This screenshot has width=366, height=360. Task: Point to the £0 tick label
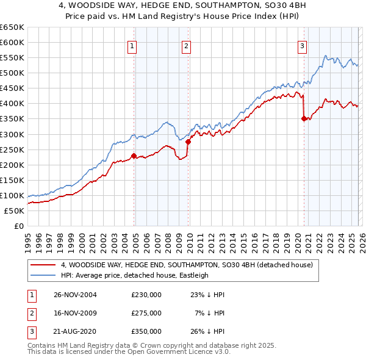(19, 226)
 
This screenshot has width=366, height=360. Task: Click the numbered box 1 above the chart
(132, 45)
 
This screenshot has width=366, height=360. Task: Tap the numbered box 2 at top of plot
(186, 45)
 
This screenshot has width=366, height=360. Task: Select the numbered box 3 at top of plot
(302, 45)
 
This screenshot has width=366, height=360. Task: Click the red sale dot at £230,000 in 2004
(134, 156)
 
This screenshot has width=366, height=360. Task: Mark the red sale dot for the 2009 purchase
(188, 142)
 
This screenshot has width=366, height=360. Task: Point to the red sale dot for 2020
(303, 119)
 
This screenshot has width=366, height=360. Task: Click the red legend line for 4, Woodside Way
(43, 265)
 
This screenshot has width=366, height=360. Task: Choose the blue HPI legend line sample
(43, 275)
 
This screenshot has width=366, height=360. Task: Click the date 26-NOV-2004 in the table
(75, 295)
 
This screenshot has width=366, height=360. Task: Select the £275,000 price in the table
(146, 313)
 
